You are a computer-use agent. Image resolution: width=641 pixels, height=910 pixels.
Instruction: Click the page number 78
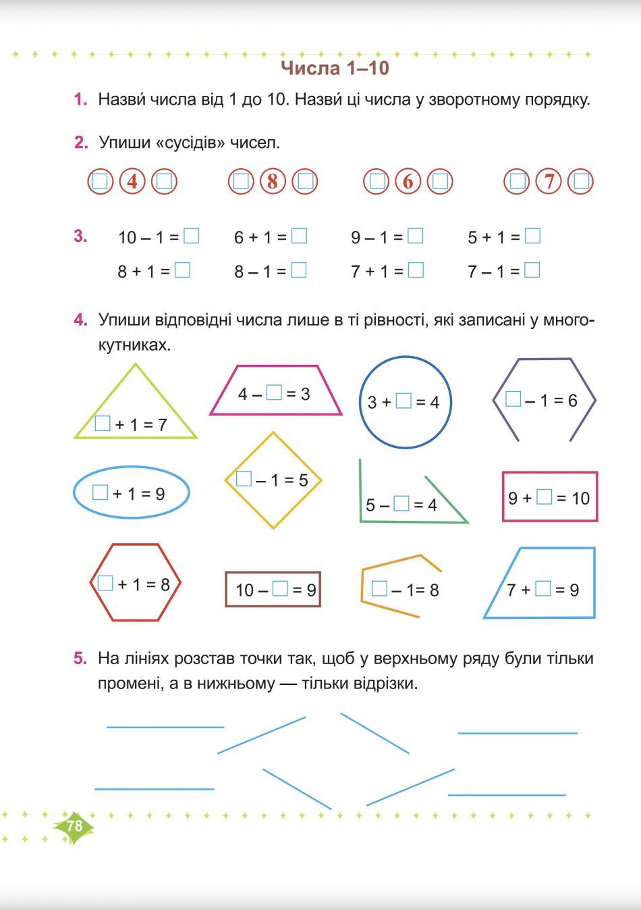pyautogui.click(x=74, y=826)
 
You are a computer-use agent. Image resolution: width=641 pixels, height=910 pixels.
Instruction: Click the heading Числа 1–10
pyautogui.click(x=335, y=68)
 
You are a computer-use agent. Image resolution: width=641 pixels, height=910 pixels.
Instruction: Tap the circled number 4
pyautogui.click(x=132, y=181)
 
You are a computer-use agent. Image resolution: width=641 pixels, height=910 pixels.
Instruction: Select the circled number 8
pyautogui.click(x=273, y=181)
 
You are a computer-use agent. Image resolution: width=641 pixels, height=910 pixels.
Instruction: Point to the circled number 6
pyautogui.click(x=408, y=181)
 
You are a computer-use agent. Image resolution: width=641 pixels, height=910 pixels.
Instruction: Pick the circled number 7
pyautogui.click(x=549, y=181)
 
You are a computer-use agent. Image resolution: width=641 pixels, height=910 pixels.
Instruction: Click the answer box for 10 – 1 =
pyautogui.click(x=192, y=236)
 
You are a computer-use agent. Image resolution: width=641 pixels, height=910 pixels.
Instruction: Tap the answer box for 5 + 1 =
pyautogui.click(x=532, y=236)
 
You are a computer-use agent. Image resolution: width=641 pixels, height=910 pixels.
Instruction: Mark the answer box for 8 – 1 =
pyautogui.click(x=298, y=270)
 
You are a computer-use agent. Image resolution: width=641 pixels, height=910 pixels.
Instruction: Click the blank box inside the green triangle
pyautogui.click(x=103, y=424)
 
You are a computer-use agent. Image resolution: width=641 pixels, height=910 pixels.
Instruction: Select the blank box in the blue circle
pyautogui.click(x=403, y=401)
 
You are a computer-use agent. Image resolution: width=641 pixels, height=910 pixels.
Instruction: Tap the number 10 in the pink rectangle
pyautogui.click(x=580, y=499)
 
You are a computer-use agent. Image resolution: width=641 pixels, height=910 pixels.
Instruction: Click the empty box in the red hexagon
pyautogui.click(x=105, y=583)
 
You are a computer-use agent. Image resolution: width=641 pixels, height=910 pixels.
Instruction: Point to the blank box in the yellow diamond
pyautogui.click(x=244, y=479)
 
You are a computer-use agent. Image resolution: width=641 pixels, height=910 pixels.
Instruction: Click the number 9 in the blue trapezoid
pyautogui.click(x=574, y=590)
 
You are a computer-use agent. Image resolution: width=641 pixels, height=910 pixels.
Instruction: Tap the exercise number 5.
pyautogui.click(x=80, y=658)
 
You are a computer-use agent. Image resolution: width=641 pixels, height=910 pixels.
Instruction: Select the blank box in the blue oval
pyautogui.click(x=100, y=492)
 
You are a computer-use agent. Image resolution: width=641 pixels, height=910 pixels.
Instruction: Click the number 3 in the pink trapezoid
pyautogui.click(x=305, y=394)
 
